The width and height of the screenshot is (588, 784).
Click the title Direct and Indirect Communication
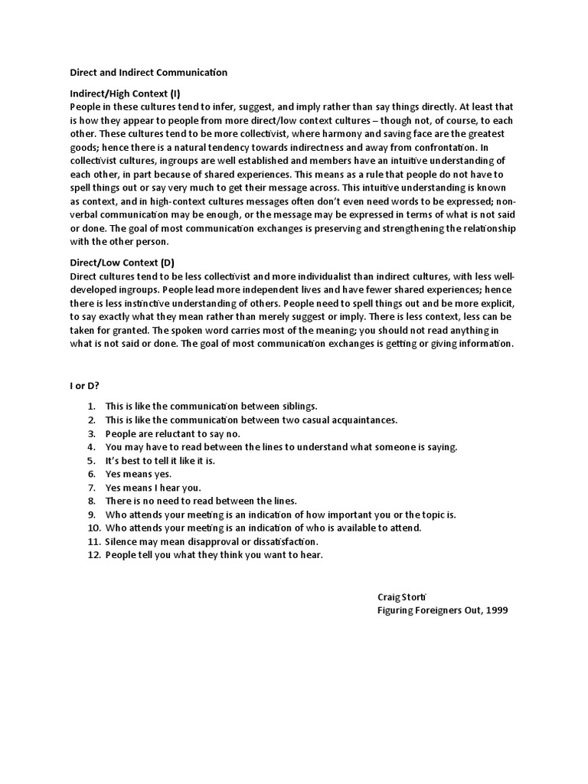click(x=149, y=73)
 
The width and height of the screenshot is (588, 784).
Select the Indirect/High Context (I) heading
click(x=125, y=93)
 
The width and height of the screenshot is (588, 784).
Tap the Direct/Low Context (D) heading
click(x=122, y=263)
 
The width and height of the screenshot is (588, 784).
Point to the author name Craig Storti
click(x=403, y=596)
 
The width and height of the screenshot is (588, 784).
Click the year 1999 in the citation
click(x=495, y=610)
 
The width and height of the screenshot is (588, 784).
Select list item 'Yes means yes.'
click(x=138, y=474)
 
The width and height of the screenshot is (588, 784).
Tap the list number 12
click(x=91, y=555)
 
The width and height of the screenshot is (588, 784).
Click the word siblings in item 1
click(x=297, y=406)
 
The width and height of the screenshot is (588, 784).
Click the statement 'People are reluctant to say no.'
click(x=174, y=433)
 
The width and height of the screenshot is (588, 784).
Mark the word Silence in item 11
click(x=122, y=541)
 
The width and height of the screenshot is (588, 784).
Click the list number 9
click(x=92, y=514)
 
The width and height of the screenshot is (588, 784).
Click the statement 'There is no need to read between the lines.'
click(x=201, y=501)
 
